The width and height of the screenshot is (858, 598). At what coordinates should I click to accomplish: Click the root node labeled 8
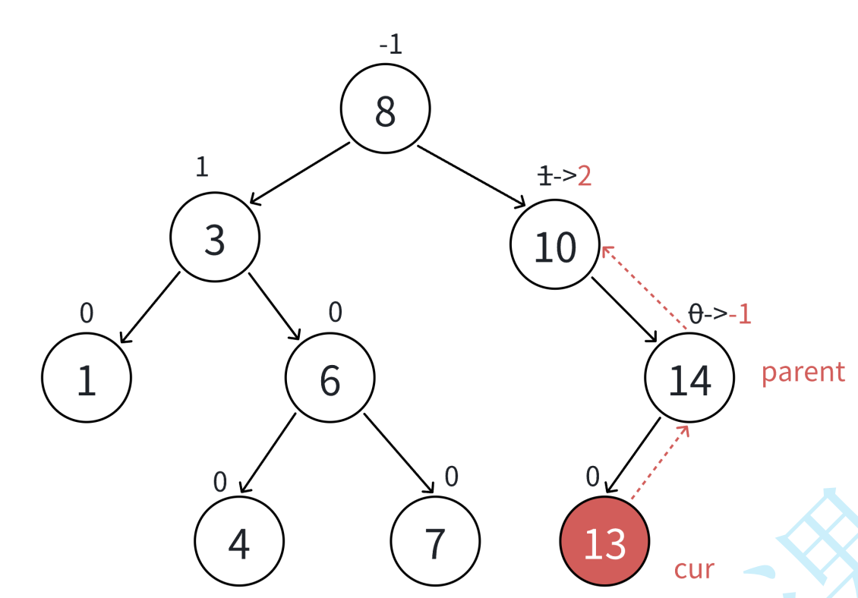pyautogui.click(x=385, y=109)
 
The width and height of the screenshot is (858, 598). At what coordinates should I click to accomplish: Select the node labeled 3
pyautogui.click(x=215, y=238)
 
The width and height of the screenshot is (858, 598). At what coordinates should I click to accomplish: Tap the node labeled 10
pyautogui.click(x=555, y=244)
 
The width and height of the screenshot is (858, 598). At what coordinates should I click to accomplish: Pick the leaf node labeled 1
pyautogui.click(x=87, y=377)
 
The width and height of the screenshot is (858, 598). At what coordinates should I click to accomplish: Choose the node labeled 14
pyautogui.click(x=689, y=377)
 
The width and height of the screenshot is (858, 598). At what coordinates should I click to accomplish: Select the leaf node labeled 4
pyautogui.click(x=239, y=541)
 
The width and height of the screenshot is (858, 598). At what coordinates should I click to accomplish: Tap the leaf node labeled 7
pyautogui.click(x=435, y=541)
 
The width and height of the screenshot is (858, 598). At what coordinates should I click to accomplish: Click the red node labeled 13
pyautogui.click(x=604, y=541)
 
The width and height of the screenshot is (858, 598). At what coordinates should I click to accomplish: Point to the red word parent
pyautogui.click(x=803, y=372)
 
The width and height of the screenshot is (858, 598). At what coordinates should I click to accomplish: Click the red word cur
pyautogui.click(x=694, y=568)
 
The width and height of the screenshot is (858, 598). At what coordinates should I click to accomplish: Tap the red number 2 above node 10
pyautogui.click(x=584, y=176)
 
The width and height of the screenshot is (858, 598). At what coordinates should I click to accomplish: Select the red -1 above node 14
pyautogui.click(x=740, y=313)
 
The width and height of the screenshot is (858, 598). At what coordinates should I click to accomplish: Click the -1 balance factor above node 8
pyautogui.click(x=390, y=45)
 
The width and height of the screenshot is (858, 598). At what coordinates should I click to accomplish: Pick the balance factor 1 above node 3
pyautogui.click(x=201, y=167)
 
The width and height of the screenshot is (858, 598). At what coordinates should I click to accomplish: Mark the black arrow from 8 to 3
pyautogui.click(x=300, y=173)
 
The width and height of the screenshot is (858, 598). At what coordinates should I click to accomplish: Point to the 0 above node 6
pyautogui.click(x=336, y=311)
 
